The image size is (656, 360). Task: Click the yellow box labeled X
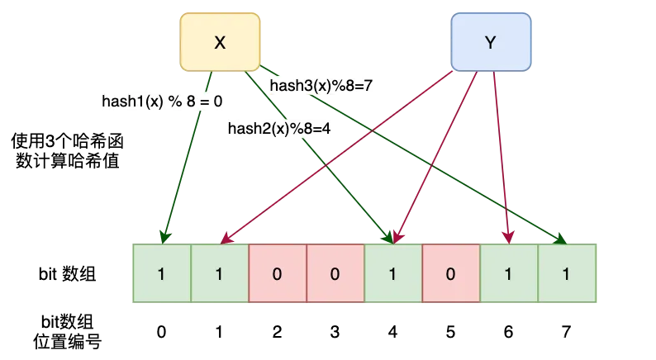pos(219,43)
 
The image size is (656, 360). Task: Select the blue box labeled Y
pos(490,43)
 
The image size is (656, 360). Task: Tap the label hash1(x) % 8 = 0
pos(162,102)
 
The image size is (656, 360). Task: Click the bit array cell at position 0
pos(162,273)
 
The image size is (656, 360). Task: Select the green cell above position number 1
pos(220,273)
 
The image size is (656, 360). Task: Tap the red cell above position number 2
pos(278,273)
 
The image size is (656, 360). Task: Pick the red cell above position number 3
pos(335,273)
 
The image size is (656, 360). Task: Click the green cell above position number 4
pos(393,273)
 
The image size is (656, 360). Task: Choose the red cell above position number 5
pos(451,273)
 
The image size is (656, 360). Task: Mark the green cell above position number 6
pos(509,273)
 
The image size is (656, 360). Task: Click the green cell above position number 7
pos(567,273)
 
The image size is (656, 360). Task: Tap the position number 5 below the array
pos(451,332)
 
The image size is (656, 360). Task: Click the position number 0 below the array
pos(162,332)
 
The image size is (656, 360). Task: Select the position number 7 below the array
pos(567,332)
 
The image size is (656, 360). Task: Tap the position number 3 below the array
pos(335,332)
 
